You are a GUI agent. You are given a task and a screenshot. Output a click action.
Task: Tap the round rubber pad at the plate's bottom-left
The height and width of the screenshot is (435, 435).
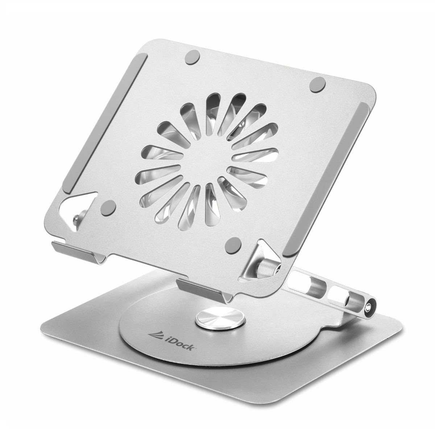point(108,207)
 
